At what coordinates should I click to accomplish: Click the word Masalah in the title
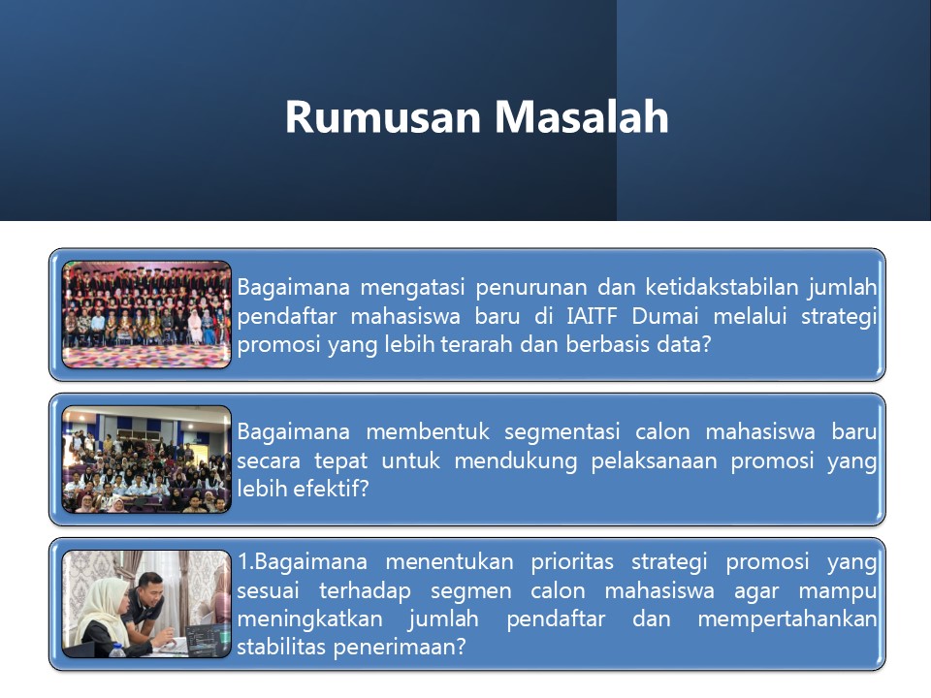pyautogui.click(x=582, y=116)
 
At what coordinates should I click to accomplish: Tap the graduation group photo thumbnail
pyautogui.click(x=146, y=314)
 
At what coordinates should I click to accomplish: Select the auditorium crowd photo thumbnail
pyautogui.click(x=146, y=460)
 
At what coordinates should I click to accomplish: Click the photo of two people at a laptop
pyautogui.click(x=146, y=604)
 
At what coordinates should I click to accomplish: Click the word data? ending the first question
pyautogui.click(x=684, y=344)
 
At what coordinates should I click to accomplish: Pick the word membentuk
pyautogui.click(x=428, y=431)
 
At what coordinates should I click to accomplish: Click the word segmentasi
pyautogui.click(x=562, y=432)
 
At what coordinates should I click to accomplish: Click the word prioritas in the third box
pyautogui.click(x=572, y=562)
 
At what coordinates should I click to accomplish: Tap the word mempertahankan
pyautogui.click(x=787, y=619)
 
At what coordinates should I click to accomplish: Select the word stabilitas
pyautogui.click(x=282, y=647)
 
